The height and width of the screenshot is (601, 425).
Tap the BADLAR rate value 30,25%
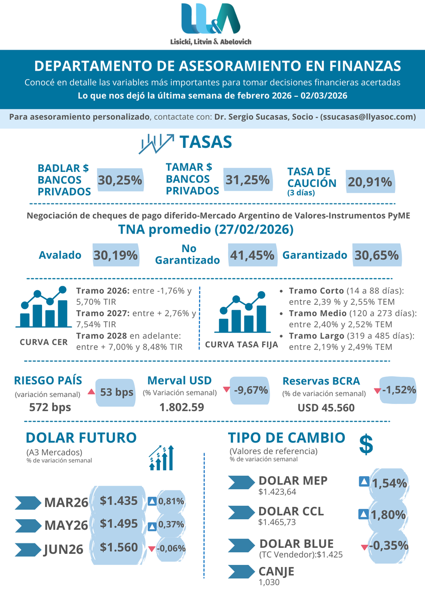click(x=120, y=180)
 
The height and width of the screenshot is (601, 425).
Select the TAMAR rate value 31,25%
click(x=248, y=180)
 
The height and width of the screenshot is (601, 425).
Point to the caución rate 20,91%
click(x=370, y=182)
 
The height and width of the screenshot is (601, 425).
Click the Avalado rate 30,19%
click(x=116, y=255)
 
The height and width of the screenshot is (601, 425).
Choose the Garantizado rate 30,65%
click(x=376, y=255)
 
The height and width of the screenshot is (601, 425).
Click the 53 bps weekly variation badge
click(x=116, y=391)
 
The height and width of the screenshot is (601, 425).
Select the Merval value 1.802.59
click(x=181, y=407)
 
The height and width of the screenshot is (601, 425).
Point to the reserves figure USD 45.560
click(x=326, y=408)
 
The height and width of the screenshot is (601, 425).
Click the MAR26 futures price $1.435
click(x=119, y=500)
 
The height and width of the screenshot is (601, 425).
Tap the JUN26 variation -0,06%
click(x=171, y=548)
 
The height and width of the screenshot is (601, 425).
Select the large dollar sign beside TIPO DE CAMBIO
click(x=366, y=444)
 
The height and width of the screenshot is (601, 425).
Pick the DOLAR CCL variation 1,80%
click(x=388, y=515)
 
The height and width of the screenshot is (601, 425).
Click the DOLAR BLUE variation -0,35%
click(x=388, y=546)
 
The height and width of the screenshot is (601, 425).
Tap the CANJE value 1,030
click(x=269, y=582)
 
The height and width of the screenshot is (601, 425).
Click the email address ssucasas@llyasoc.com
click(x=369, y=117)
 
